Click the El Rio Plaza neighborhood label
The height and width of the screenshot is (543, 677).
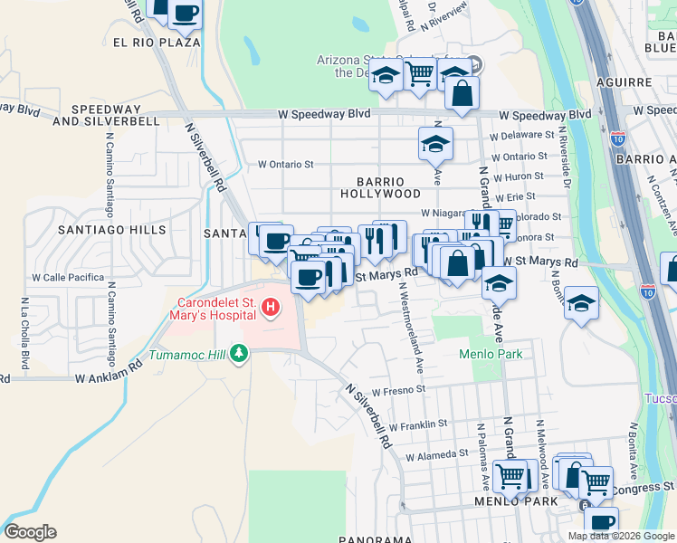click(x=156, y=43)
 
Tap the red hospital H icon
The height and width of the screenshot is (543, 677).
click(x=270, y=310)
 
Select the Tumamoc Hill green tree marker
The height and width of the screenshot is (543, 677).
click(x=238, y=352)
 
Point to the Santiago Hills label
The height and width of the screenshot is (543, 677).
click(x=111, y=230)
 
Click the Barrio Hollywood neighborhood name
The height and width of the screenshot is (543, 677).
click(x=380, y=187)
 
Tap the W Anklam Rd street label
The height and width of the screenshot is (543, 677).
click(x=109, y=372)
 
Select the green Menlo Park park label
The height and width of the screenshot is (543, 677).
click(x=491, y=354)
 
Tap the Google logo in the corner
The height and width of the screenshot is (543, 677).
click(x=30, y=532)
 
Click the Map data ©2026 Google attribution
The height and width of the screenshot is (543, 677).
click(x=620, y=536)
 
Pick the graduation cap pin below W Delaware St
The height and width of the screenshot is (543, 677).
click(x=435, y=143)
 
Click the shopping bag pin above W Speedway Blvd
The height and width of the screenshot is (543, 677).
click(x=462, y=93)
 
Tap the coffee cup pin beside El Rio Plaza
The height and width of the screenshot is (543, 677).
click(x=185, y=14)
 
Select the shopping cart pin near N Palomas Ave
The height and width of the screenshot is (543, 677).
click(x=510, y=474)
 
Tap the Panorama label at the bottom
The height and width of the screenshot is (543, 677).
click(x=375, y=539)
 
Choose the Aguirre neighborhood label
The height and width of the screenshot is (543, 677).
click(x=625, y=82)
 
